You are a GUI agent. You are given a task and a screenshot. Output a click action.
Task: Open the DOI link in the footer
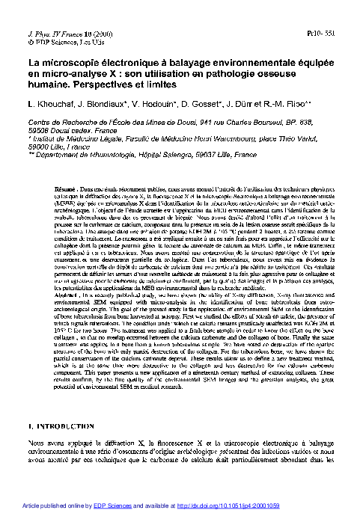(x=254, y=507)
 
